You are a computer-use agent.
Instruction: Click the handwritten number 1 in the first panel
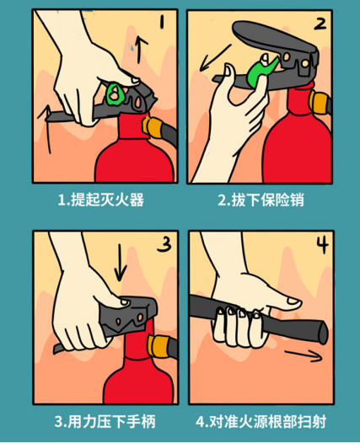click(x=162, y=22)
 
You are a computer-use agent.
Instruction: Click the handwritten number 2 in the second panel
click(x=320, y=24)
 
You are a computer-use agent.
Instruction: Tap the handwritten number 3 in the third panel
click(x=164, y=244)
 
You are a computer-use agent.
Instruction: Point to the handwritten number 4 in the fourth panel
click(x=322, y=244)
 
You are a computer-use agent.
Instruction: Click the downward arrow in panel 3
click(x=121, y=262)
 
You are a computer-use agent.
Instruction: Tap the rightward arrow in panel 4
click(x=304, y=355)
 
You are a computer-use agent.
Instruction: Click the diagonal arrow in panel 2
click(x=215, y=57)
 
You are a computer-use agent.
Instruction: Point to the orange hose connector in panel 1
click(x=151, y=126)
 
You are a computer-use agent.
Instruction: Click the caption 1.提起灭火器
click(x=101, y=200)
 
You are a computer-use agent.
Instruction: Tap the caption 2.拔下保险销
click(x=261, y=200)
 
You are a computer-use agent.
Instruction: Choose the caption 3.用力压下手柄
click(x=105, y=422)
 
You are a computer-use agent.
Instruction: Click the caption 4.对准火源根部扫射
click(x=261, y=422)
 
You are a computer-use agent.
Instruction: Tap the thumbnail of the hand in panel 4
click(x=293, y=301)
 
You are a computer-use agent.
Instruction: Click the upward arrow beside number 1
click(x=141, y=49)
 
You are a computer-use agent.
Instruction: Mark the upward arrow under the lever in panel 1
click(x=47, y=129)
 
